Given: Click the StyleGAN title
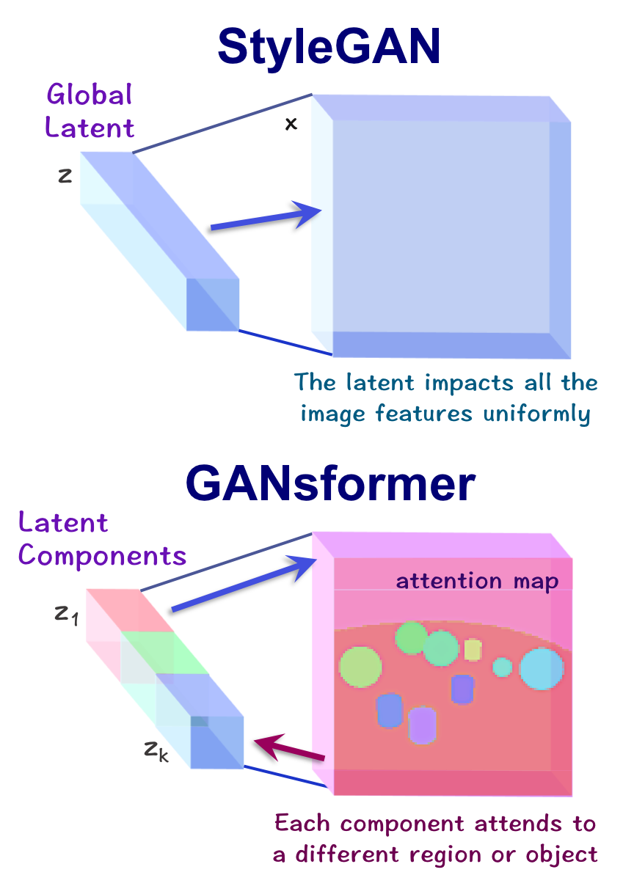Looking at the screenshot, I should click(x=329, y=48).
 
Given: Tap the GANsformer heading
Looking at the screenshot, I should click(x=331, y=485).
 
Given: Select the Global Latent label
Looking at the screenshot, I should click(x=90, y=111).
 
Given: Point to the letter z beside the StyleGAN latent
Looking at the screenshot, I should click(x=65, y=175).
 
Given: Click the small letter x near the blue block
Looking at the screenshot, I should click(x=291, y=124).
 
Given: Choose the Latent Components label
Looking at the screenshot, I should click(x=102, y=540).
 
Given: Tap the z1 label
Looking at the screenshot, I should click(x=65, y=613).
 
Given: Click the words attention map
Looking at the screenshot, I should click(x=477, y=582).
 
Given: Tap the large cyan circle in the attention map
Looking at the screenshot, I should click(x=542, y=669).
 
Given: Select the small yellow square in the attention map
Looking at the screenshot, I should click(x=473, y=650).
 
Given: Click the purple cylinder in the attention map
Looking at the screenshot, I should click(x=423, y=725).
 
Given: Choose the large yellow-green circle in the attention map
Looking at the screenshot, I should click(x=360, y=666).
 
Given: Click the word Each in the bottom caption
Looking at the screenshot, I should click(x=304, y=824).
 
